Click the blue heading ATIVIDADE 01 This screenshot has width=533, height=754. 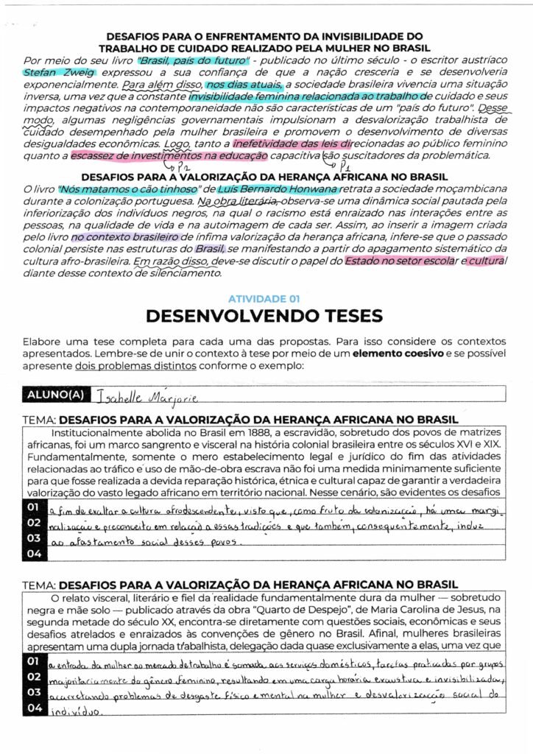(264, 299)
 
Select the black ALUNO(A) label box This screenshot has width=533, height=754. (56, 395)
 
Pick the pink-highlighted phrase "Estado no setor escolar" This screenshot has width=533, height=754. (398, 261)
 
